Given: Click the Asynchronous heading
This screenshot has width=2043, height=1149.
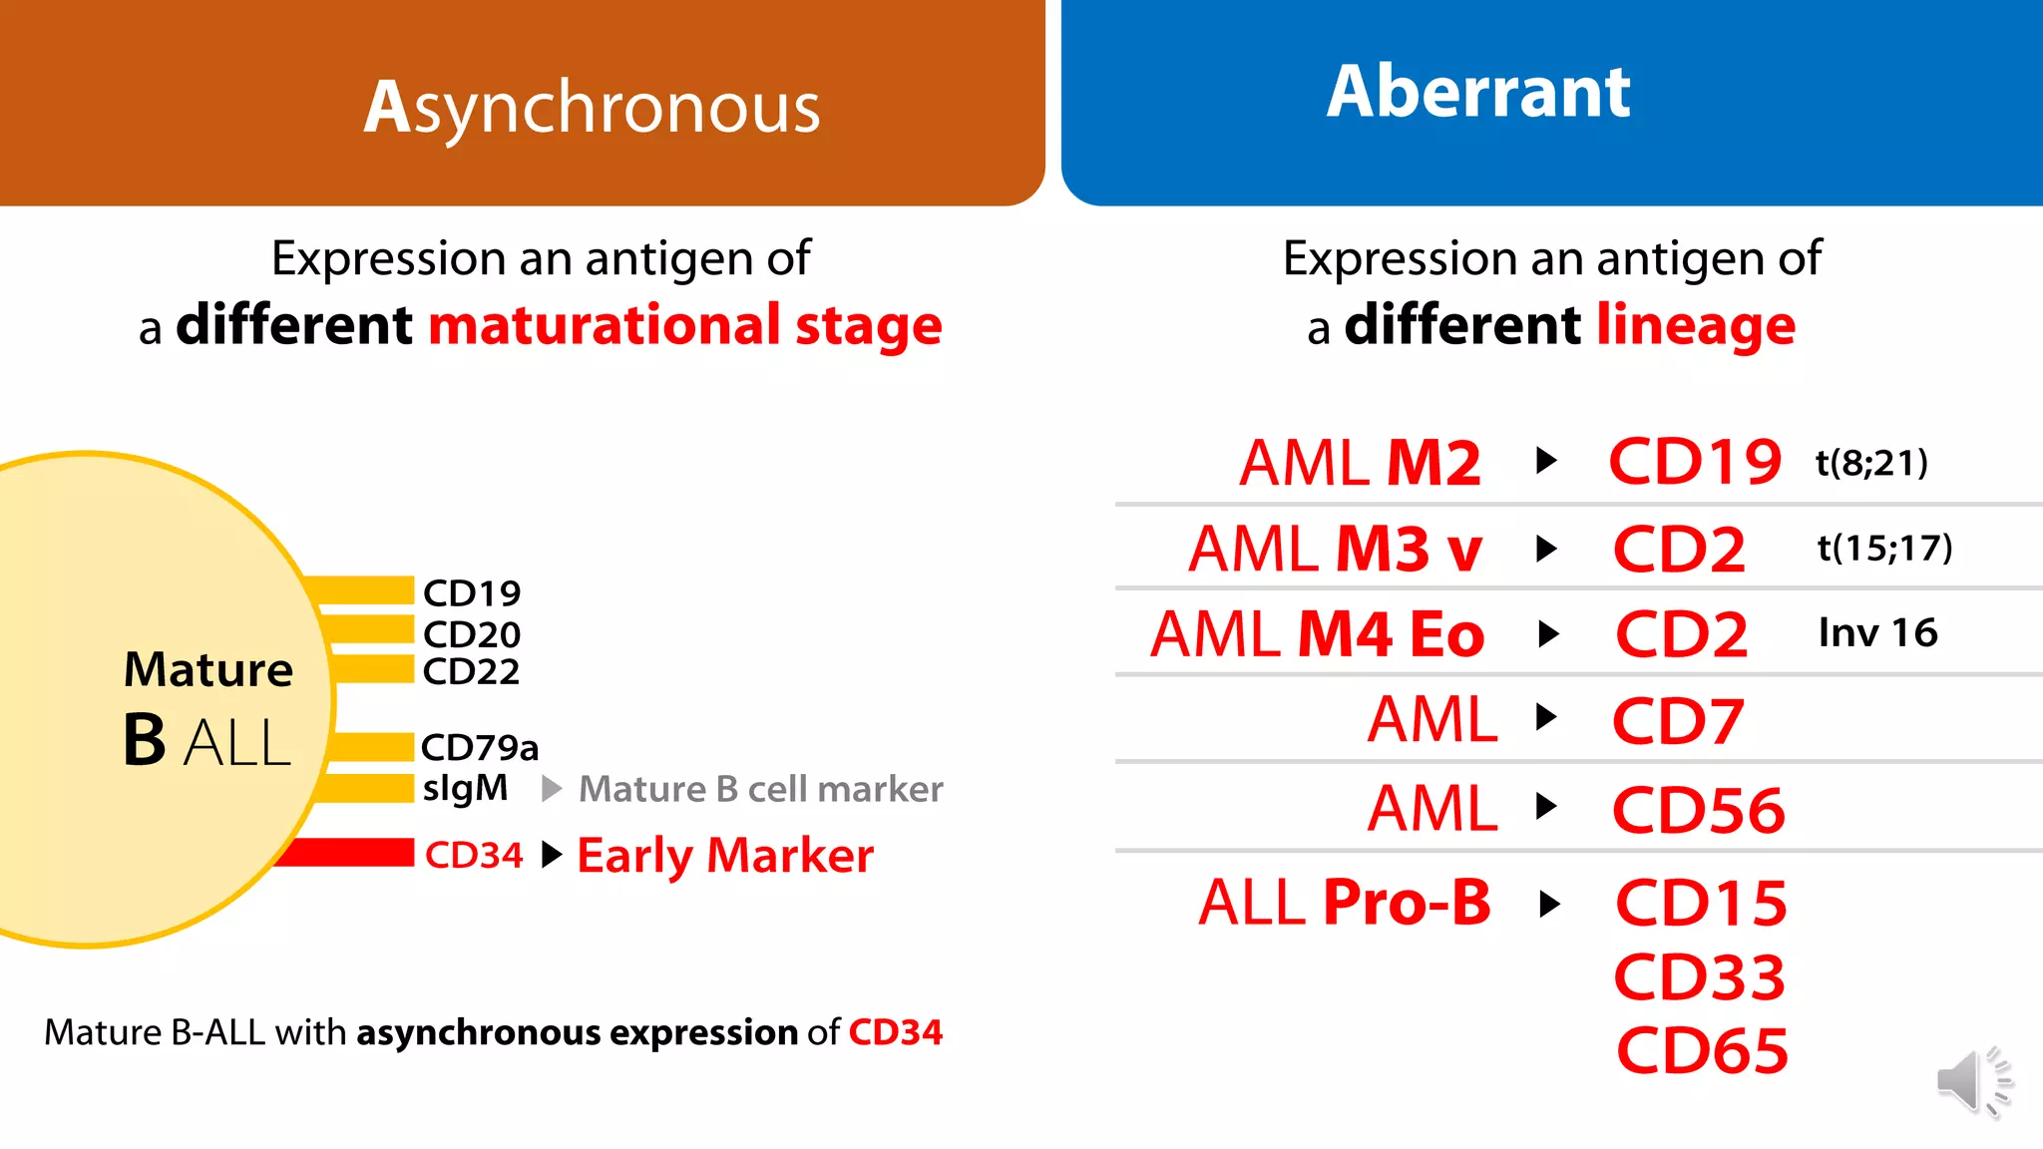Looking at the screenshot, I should tap(592, 108).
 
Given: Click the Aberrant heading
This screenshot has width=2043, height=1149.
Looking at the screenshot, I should tap(1478, 92).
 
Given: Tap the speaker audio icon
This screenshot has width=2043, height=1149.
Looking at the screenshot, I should tap(1972, 1081).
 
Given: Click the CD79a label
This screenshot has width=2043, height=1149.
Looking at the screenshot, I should tap(479, 747).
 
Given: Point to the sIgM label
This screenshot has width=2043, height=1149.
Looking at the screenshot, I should tap(465, 788).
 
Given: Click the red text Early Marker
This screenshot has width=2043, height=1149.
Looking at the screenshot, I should tap(725, 856).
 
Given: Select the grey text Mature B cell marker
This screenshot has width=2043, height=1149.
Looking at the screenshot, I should tap(760, 789).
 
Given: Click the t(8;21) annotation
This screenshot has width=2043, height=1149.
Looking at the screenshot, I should tap(1871, 463).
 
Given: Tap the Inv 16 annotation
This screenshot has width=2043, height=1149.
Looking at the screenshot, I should tap(1877, 632).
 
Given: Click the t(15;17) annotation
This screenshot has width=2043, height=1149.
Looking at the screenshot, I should tap(1884, 548).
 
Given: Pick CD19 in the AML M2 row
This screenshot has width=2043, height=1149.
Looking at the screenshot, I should tap(1695, 463).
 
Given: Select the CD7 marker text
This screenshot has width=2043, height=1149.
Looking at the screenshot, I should tap(1678, 720).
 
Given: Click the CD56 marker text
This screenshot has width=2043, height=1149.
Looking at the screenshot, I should tap(1698, 809).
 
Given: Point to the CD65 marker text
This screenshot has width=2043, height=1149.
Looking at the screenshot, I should tap(1702, 1051).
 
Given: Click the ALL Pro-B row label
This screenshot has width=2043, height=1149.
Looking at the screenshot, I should tap(1344, 903).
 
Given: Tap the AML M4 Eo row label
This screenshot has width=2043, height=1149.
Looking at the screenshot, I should tap(1317, 634).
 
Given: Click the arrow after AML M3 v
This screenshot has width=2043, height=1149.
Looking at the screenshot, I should tap(1546, 549).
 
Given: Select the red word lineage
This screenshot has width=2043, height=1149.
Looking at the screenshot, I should tap(1695, 325).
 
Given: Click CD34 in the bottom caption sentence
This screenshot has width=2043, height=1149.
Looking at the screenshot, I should tap(895, 1032).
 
